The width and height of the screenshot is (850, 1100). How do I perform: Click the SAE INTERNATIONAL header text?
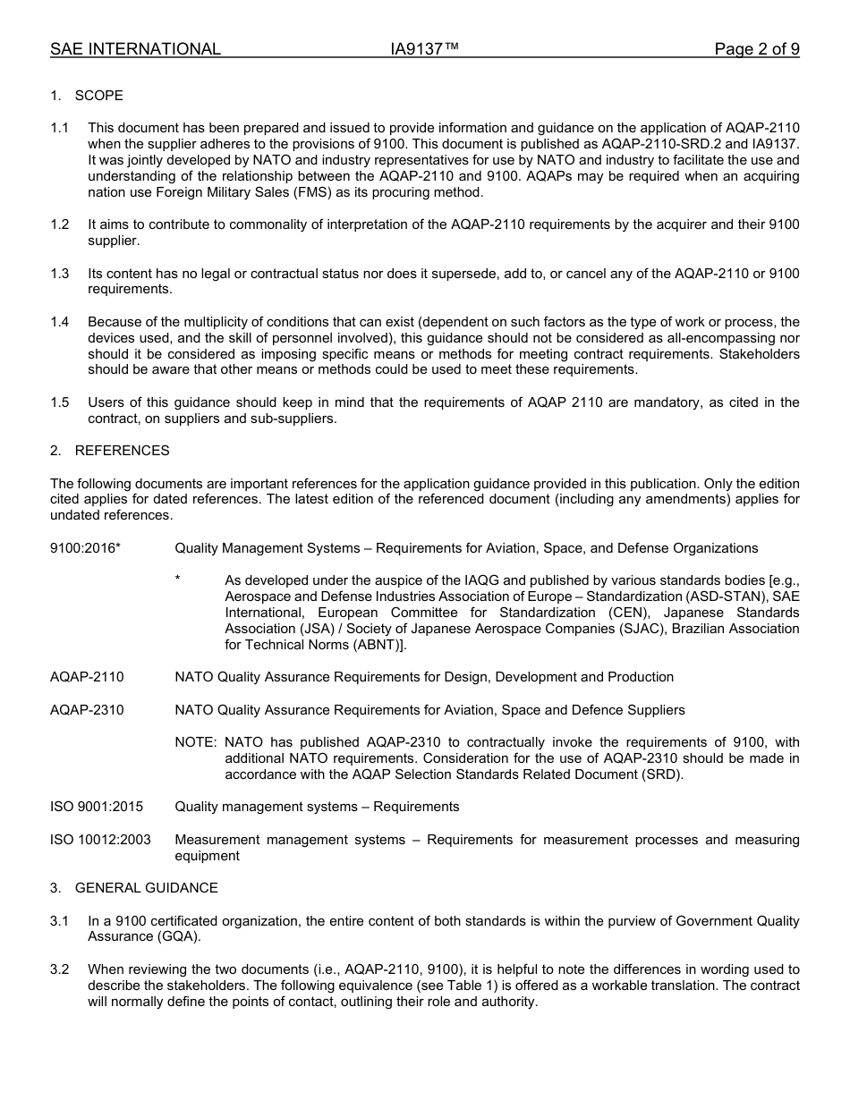pyautogui.click(x=135, y=49)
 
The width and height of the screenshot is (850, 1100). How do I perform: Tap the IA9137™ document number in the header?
pyautogui.click(x=424, y=49)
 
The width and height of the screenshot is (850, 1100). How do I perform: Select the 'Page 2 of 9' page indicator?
pyautogui.click(x=756, y=49)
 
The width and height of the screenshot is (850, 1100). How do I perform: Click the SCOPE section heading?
pyautogui.click(x=98, y=96)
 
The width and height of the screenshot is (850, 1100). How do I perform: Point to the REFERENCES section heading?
pyautogui.click(x=122, y=451)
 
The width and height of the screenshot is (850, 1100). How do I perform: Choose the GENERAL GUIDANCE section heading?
pyautogui.click(x=146, y=888)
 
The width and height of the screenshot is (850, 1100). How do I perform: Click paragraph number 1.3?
pyautogui.click(x=59, y=274)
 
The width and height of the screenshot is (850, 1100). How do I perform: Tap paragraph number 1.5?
pyautogui.click(x=59, y=402)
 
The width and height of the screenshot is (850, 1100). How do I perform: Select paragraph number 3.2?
pyautogui.click(x=59, y=969)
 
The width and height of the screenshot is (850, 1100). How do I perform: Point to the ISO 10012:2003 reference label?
pyautogui.click(x=100, y=840)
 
